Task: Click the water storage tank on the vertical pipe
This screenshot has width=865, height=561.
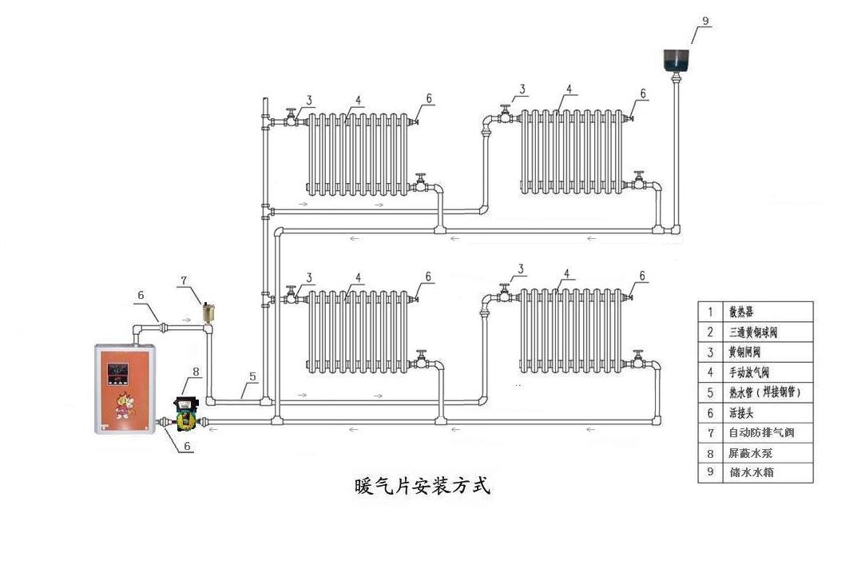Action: [677, 59]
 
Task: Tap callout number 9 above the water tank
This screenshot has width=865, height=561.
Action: [704, 20]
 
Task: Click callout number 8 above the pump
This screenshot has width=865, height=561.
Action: [196, 372]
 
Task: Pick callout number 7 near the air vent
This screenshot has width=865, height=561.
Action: [184, 280]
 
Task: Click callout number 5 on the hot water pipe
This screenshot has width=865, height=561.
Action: [252, 376]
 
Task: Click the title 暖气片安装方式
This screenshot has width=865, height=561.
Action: [421, 486]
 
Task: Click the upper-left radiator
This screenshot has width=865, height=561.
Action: [359, 153]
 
